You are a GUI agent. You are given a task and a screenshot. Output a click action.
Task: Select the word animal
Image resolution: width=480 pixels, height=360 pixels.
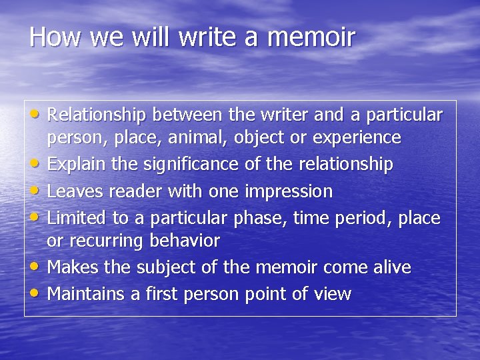tap(197, 138)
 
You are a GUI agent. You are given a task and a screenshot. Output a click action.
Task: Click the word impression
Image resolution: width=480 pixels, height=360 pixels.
tap(289, 192)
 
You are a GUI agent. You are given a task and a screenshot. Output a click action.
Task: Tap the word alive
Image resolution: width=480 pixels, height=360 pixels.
tap(391, 267)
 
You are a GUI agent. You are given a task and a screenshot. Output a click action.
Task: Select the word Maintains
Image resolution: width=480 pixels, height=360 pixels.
tap(85, 294)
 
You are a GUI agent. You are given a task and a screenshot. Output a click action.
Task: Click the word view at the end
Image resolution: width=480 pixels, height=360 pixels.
tap(334, 294)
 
